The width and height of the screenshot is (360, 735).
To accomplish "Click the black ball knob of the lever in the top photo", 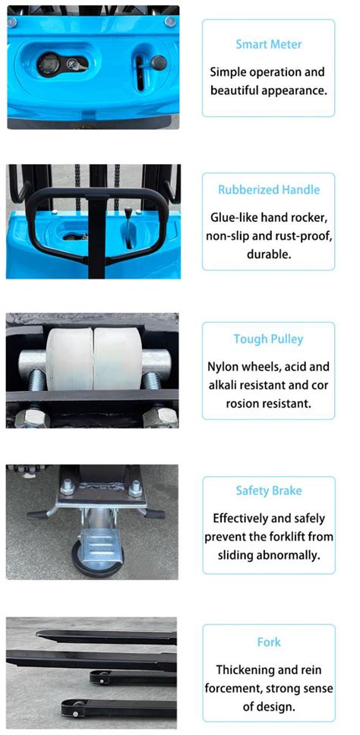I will (158, 62).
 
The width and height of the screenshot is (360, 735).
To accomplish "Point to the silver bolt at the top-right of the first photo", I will (169, 21).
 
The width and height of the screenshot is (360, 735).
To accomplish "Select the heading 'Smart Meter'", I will (268, 45).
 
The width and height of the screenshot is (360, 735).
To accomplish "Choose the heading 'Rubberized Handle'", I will (269, 190).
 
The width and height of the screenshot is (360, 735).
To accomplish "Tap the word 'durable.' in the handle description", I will (269, 254).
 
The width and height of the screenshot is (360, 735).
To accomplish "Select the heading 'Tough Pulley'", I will (269, 339).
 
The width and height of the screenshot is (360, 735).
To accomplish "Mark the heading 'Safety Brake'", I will (269, 491).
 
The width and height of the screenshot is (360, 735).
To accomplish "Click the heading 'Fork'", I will (269, 642).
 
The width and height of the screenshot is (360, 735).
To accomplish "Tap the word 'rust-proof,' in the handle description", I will (302, 235).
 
